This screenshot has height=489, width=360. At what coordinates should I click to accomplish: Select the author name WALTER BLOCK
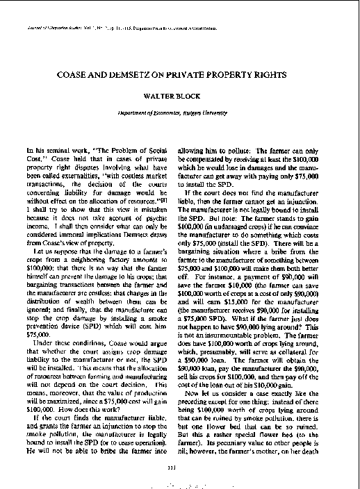tap(179, 90)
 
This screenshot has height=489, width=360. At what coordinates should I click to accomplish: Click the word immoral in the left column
tap(68, 244)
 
